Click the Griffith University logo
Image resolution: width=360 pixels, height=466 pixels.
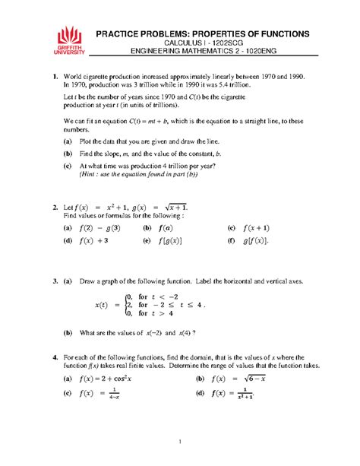tap(69, 43)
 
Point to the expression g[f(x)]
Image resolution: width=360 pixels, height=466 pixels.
tap(265, 240)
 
